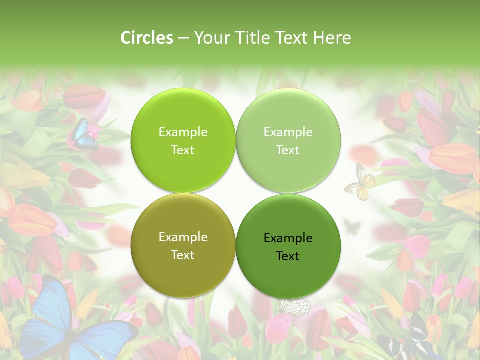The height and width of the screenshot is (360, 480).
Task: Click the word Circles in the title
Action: point(146,38)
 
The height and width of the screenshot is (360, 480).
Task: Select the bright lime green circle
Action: point(183,140)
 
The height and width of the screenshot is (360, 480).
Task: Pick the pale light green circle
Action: point(288,140)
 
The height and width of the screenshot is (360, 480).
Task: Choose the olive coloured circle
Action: point(183,245)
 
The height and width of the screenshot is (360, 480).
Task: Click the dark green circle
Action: point(288,246)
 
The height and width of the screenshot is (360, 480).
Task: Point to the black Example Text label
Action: point(288,247)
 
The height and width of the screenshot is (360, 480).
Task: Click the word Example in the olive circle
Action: point(183,237)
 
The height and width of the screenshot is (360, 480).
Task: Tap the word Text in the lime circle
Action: point(183,150)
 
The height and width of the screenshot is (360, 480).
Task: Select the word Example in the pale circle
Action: point(288,132)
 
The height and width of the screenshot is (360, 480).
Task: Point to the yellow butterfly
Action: point(360,183)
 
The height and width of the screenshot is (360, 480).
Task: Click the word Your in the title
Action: point(209,38)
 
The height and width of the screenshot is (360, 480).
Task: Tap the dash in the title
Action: point(183,38)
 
